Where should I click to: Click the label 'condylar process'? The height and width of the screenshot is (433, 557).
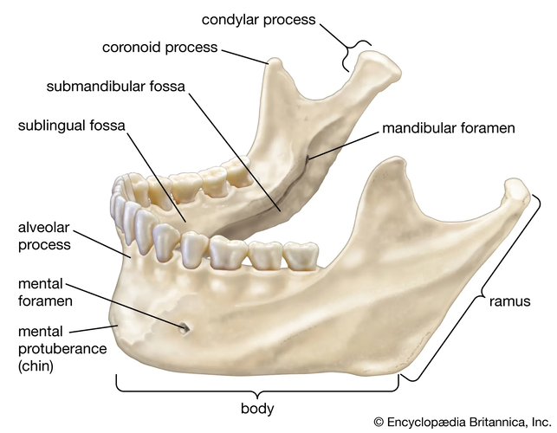pos(258,20)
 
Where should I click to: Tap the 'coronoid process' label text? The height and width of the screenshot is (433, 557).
pos(159,48)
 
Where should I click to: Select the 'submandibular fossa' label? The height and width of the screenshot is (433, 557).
pos(116,87)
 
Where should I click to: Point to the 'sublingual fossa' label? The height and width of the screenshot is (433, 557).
pos(71,126)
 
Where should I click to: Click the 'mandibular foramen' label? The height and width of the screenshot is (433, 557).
pos(449,128)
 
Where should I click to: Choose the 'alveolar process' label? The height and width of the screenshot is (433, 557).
pos(44,236)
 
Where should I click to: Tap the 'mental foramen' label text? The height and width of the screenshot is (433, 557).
pos(45,293)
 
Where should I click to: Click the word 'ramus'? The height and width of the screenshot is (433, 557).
pos(509,301)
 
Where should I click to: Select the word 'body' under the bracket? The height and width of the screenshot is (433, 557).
pos(257,409)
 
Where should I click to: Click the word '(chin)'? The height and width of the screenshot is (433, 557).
pos(36,365)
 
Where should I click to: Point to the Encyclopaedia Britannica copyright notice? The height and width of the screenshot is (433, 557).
pos(463,422)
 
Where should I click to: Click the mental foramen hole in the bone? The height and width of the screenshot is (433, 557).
pos(185,328)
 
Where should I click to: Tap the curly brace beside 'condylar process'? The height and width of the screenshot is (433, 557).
pos(356,55)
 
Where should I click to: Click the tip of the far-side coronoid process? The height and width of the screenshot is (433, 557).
pos(275,61)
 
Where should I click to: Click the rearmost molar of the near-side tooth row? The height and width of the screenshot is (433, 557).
pos(301,255)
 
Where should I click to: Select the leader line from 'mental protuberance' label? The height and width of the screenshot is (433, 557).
pos(93,329)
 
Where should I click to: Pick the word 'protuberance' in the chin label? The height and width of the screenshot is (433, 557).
pos(62,349)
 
